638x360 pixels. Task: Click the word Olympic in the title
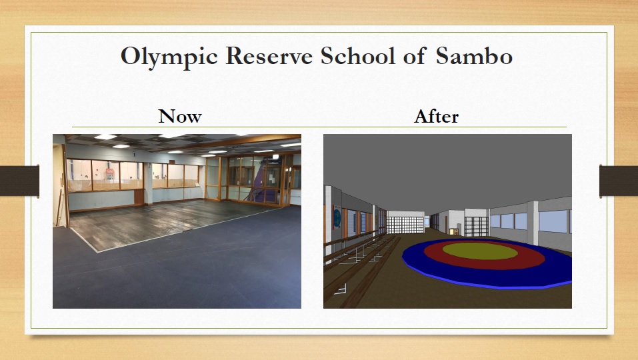[169, 57]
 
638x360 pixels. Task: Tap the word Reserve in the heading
[269, 56]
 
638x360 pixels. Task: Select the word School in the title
[357, 55]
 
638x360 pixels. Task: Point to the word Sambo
[474, 56]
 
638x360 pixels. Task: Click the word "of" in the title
[415, 55]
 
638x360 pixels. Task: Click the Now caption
[180, 117]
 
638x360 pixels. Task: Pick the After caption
[436, 117]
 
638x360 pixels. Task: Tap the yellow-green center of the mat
[480, 251]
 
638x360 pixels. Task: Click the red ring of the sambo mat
[484, 263]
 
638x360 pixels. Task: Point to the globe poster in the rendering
[337, 217]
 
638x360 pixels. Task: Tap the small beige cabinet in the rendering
[454, 231]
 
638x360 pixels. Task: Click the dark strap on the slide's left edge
[19, 181]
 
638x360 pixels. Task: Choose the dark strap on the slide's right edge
[619, 181]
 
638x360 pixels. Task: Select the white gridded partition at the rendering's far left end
[405, 225]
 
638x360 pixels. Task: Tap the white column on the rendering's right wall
[532, 223]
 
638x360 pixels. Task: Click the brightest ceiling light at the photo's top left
[105, 137]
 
